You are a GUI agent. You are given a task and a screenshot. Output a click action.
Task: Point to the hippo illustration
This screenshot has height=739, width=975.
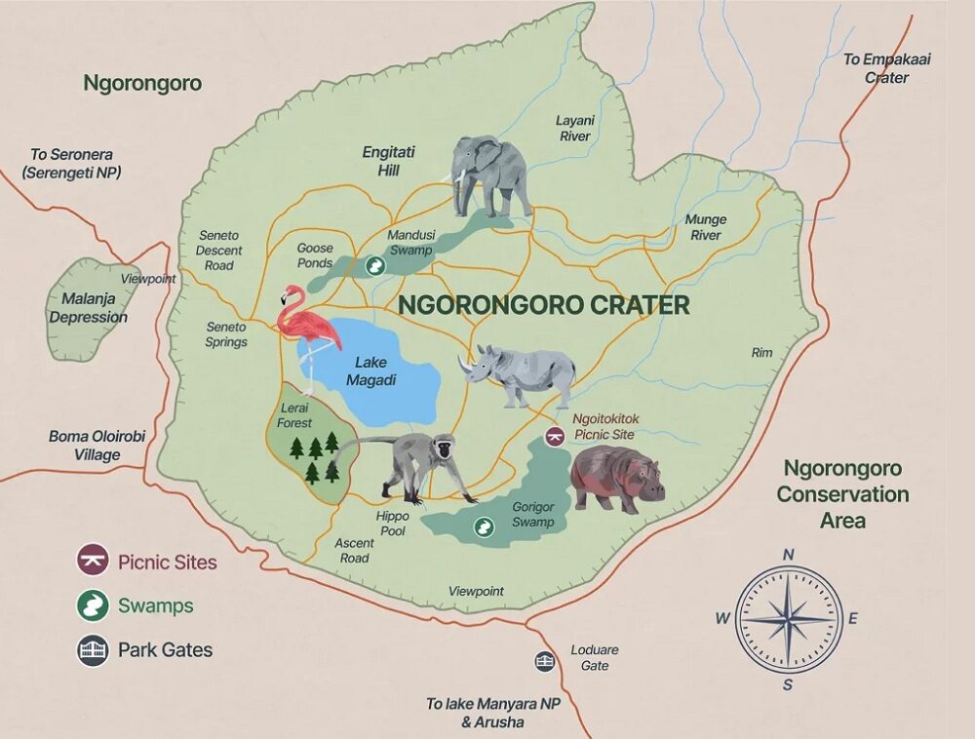(x=615, y=477)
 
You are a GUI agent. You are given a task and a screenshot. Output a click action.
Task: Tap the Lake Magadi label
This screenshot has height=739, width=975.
(x=370, y=371)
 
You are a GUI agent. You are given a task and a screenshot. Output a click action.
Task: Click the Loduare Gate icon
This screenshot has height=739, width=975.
(x=545, y=661)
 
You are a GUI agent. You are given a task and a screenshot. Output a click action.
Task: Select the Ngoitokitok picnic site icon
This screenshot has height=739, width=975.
(x=555, y=436)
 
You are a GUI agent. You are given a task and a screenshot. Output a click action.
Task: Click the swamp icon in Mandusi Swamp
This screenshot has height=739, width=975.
(x=373, y=265)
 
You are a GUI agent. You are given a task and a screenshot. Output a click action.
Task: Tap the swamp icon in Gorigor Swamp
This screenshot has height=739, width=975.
(x=483, y=527)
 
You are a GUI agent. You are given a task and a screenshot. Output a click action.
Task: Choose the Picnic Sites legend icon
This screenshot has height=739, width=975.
(x=93, y=563)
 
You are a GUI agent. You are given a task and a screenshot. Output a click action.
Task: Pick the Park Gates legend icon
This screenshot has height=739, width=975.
(x=93, y=650)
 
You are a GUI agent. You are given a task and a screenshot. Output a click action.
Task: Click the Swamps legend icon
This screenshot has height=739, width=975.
(x=93, y=606)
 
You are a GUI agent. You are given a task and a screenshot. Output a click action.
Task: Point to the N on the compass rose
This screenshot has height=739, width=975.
(x=788, y=555)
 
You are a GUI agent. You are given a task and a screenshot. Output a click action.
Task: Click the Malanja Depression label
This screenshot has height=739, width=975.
(x=89, y=308)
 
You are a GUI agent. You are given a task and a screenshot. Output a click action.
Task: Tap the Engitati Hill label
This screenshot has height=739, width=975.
(x=389, y=161)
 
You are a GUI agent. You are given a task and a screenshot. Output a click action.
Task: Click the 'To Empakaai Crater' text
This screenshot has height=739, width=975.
(x=886, y=68)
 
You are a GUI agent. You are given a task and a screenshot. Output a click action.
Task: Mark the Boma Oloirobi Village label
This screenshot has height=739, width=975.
(x=97, y=446)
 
